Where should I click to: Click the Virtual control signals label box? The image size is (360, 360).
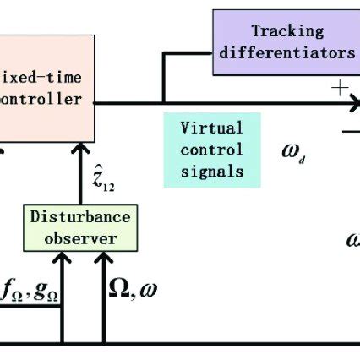[x=212, y=149]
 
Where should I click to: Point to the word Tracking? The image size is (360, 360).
[x=287, y=31]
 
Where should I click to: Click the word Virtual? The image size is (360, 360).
[x=212, y=128]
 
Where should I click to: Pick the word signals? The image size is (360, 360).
[x=212, y=171]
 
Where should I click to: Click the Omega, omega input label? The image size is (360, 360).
[x=134, y=291]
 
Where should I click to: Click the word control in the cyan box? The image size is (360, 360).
[x=212, y=150]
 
